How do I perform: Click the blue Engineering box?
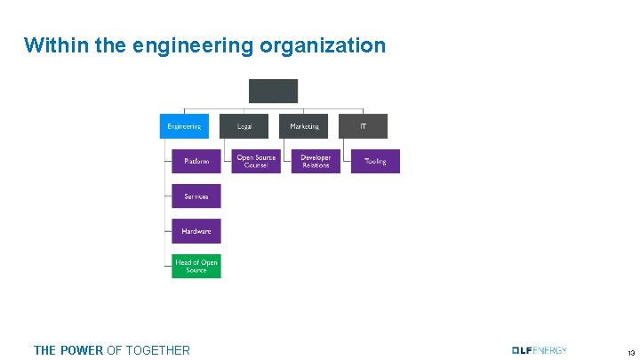click(x=184, y=126)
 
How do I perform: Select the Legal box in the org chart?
click(x=244, y=126)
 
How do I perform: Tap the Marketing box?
click(x=303, y=126)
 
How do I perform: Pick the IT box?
click(x=363, y=126)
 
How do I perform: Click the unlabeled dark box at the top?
click(x=273, y=91)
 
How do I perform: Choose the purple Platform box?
click(x=196, y=161)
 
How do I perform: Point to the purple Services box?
click(x=196, y=196)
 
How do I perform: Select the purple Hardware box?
click(x=196, y=231)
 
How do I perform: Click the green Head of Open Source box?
click(x=196, y=266)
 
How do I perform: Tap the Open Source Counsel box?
click(x=256, y=161)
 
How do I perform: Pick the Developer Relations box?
click(x=316, y=161)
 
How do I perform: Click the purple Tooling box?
click(x=375, y=161)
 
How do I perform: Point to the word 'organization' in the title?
click(x=323, y=45)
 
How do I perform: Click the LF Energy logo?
click(x=539, y=350)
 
